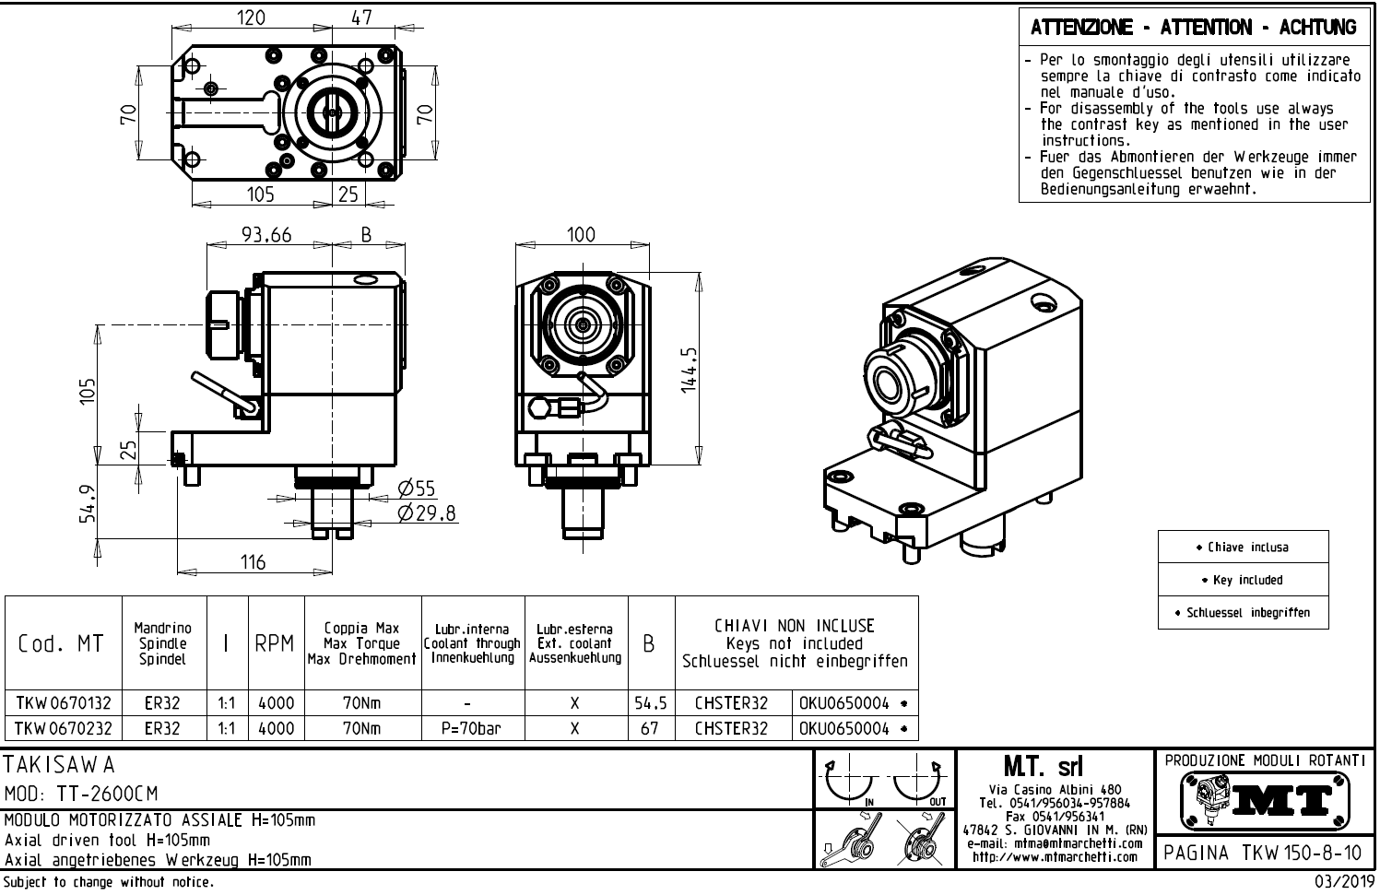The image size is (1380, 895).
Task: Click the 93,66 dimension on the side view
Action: point(266,235)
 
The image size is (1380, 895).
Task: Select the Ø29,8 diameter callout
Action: point(427,513)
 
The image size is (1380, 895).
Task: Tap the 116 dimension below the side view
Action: point(253,561)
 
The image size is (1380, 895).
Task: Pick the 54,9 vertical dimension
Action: point(85,503)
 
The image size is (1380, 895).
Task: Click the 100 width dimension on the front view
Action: point(580,235)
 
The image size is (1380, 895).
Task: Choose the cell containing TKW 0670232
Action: point(63,728)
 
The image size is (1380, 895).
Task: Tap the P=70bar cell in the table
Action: point(471,728)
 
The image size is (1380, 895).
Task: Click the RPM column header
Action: point(274,644)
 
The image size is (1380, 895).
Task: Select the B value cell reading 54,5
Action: point(650,703)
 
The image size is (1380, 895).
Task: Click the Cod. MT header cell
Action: point(61,643)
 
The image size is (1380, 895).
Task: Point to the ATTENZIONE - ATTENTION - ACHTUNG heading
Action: point(1194,28)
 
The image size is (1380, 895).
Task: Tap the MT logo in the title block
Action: point(1264,801)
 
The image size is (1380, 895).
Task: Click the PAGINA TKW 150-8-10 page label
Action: point(1262,853)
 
